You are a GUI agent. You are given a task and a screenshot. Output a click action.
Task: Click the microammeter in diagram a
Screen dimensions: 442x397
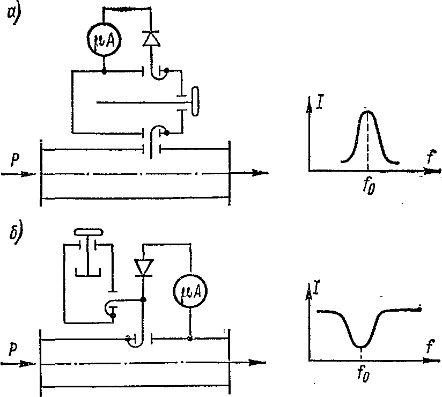(x=104, y=40)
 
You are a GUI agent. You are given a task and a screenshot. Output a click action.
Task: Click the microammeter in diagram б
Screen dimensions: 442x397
(x=190, y=291)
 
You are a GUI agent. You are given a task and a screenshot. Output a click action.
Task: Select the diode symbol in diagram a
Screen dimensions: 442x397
(x=151, y=39)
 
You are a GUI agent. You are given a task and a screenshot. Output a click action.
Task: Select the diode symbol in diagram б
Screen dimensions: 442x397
(x=144, y=267)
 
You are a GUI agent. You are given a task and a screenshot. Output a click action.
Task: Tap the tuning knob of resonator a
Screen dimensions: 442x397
(x=195, y=101)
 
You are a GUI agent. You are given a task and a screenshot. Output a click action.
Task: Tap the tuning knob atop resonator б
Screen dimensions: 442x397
(x=88, y=232)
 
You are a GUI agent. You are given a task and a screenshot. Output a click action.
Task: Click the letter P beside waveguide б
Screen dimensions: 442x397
(x=13, y=350)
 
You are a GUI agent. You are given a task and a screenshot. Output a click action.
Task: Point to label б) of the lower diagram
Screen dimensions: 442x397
(x=16, y=236)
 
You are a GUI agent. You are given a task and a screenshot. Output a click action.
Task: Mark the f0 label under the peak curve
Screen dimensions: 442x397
(x=369, y=186)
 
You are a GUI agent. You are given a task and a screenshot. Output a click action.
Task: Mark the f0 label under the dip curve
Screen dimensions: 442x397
(x=363, y=374)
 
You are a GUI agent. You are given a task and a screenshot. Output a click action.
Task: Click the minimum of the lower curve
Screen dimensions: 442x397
(x=361, y=347)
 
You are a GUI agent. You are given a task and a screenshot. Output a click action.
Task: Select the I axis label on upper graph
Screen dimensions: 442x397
(x=320, y=103)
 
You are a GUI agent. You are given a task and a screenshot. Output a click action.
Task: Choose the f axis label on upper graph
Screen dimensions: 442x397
(x=431, y=157)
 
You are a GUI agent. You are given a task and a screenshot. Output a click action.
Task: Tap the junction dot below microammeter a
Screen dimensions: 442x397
(x=104, y=71)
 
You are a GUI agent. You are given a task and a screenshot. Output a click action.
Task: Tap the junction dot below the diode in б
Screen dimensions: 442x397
(x=143, y=299)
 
